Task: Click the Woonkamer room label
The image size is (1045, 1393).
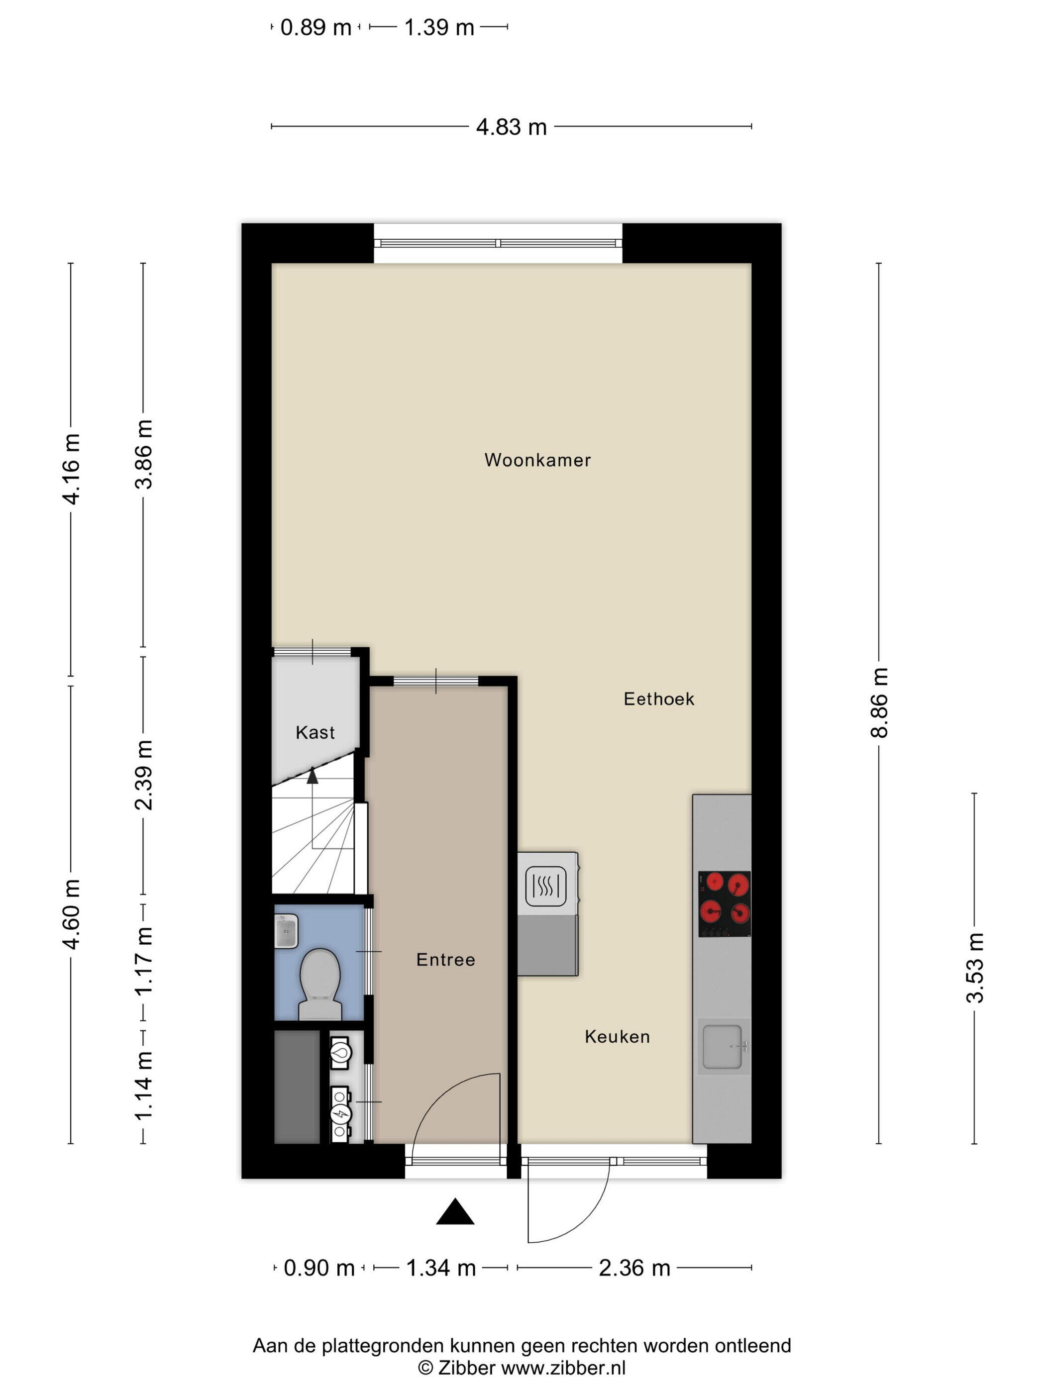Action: coord(537,460)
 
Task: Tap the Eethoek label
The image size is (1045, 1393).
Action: coord(659,698)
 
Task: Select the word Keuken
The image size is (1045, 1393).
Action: coord(618,1037)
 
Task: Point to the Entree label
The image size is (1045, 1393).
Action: coord(445,960)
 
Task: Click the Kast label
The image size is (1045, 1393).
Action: coord(315,732)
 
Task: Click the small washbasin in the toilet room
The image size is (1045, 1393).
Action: coord(286,931)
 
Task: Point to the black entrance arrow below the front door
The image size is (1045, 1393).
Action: coord(455,1211)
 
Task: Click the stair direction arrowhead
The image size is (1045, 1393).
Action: coord(313,775)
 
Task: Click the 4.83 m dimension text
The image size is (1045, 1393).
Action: coord(511,127)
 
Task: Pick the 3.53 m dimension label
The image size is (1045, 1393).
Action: coord(974,967)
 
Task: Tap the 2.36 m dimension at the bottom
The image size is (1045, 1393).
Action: coord(634,1268)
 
